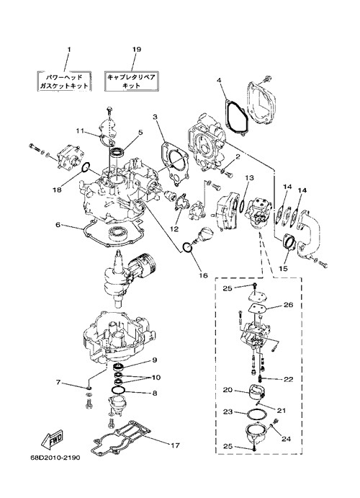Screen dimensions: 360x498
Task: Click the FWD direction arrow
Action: point(52,439)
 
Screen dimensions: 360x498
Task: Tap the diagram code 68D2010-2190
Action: point(55,458)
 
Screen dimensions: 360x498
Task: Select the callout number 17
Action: point(175,445)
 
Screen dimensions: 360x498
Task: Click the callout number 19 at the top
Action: point(136,50)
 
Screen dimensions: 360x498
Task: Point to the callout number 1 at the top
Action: point(69,50)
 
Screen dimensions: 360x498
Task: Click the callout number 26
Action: point(289,305)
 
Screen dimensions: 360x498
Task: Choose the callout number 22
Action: point(288,379)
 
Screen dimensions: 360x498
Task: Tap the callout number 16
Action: point(204,275)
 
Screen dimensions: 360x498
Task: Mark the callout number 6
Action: point(58,225)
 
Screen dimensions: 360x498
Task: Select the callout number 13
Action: point(249,178)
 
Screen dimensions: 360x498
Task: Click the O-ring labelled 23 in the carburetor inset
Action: point(254,414)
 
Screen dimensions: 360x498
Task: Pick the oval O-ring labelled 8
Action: point(119,390)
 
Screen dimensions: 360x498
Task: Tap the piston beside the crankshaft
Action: point(143,264)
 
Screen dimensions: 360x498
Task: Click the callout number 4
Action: point(219,80)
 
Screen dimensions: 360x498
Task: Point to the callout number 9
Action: point(155,360)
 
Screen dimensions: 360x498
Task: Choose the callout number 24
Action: point(286,439)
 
